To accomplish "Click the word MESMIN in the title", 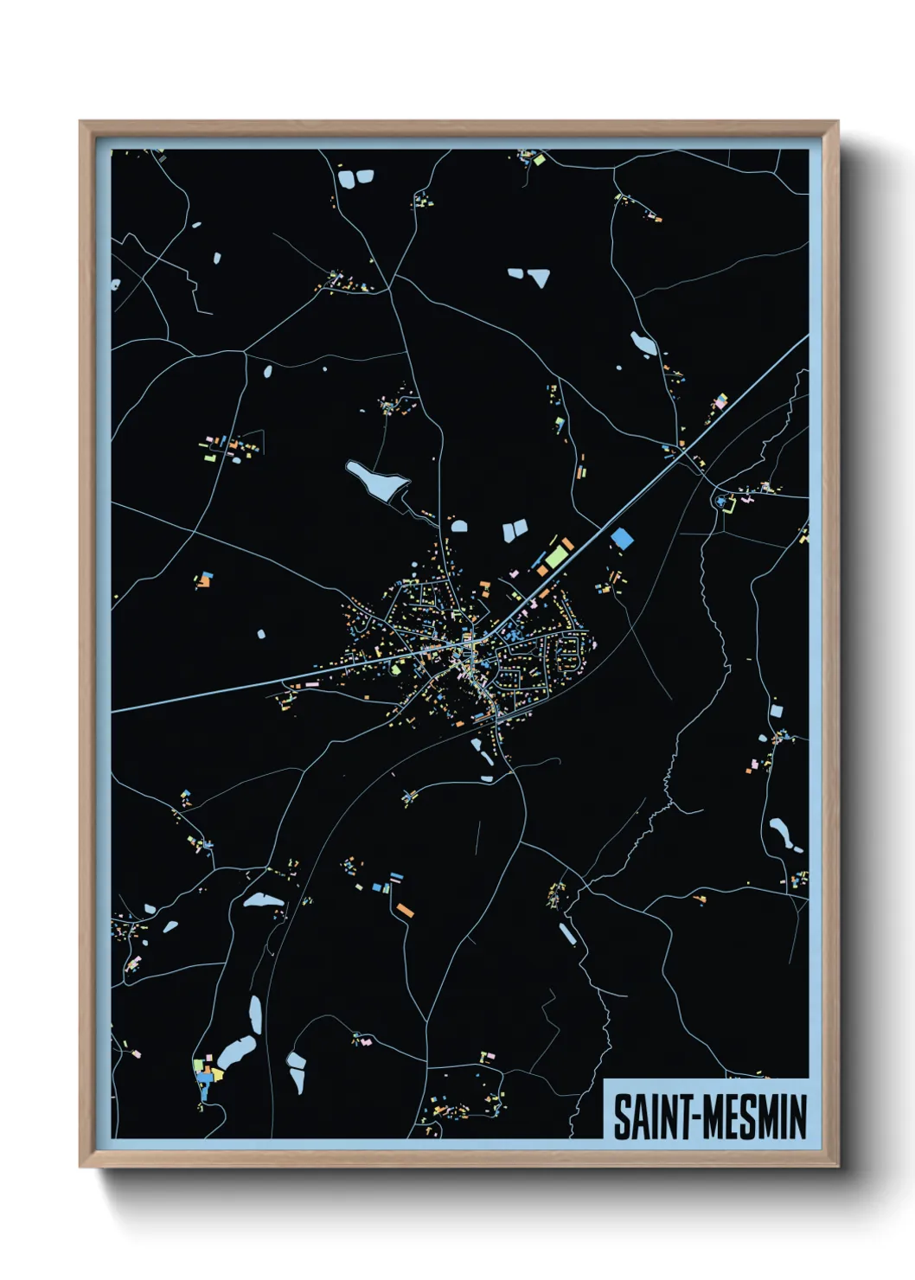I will click(x=754, y=1117).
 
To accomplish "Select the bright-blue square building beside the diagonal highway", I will click(x=622, y=539).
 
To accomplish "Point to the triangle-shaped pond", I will click(x=541, y=278).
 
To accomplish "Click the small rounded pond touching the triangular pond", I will click(x=516, y=274).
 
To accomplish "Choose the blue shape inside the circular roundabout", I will click(x=720, y=502).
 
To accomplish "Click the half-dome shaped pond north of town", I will click(x=458, y=525).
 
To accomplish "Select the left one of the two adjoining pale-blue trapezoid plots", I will click(x=509, y=532).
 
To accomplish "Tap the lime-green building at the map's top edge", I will click(x=538, y=160).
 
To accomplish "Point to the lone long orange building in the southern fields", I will click(x=405, y=910).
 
